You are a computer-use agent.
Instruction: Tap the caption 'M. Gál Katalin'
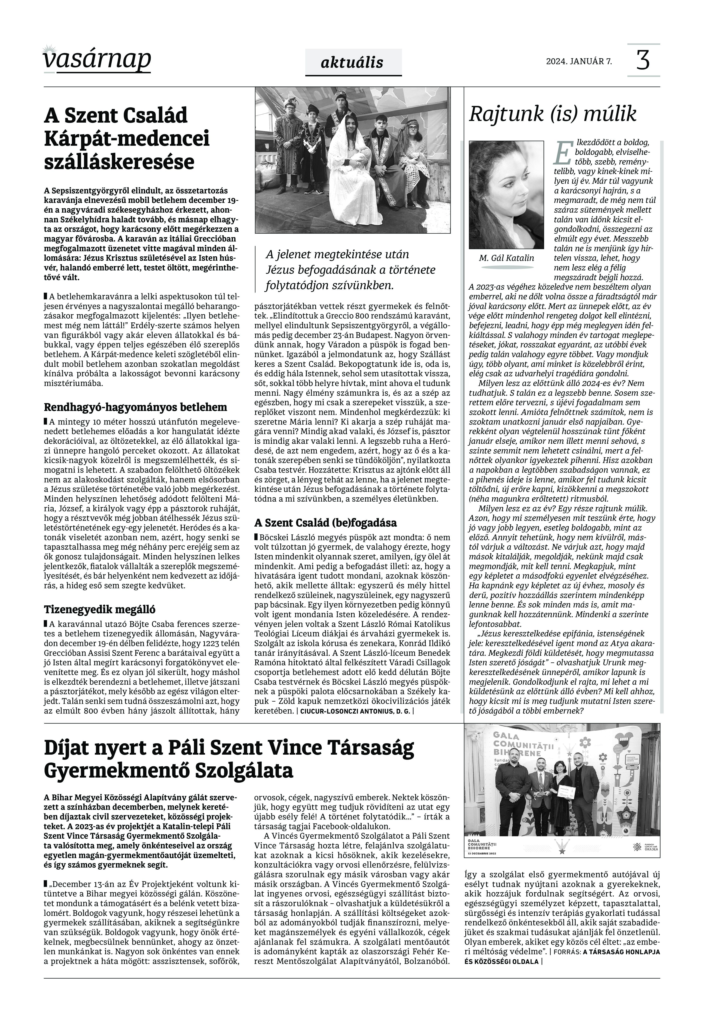coord(506,258)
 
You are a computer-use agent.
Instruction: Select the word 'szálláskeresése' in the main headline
coord(119,162)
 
